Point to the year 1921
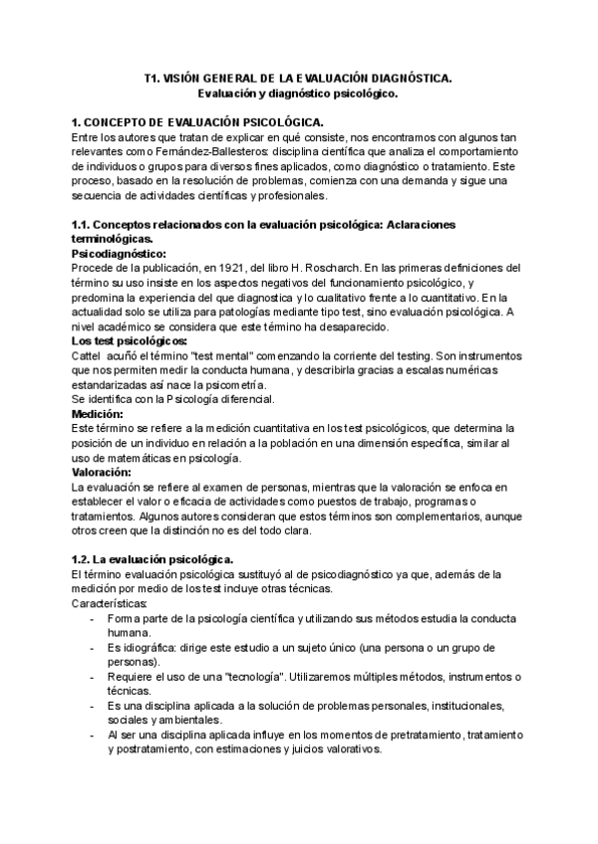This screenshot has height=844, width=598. pyautogui.click(x=231, y=269)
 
